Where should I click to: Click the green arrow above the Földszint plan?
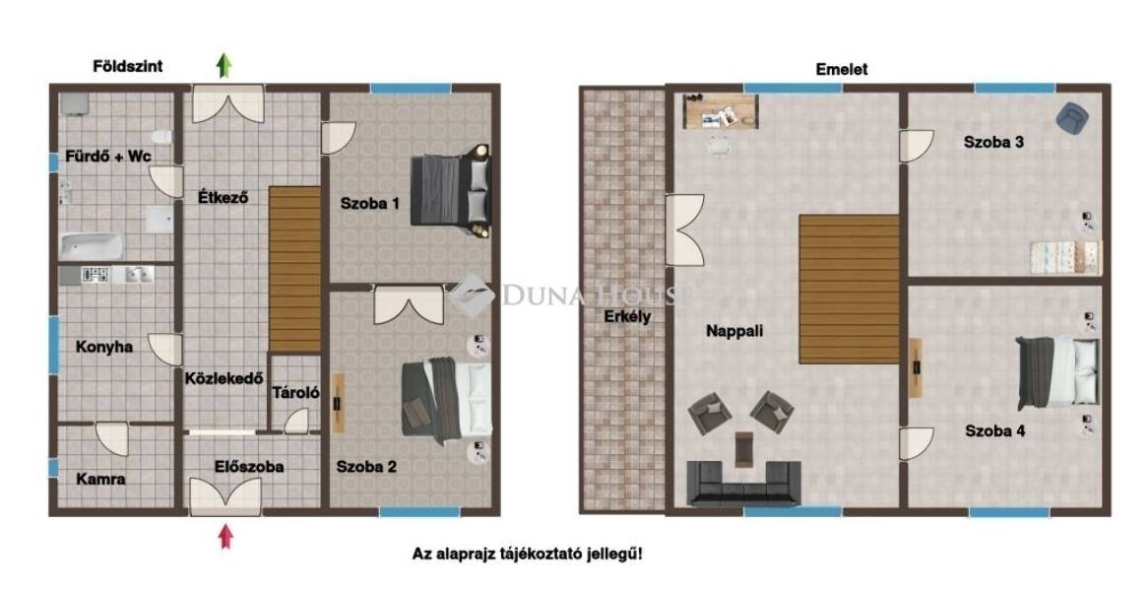point(224,66)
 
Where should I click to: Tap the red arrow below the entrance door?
point(226,537)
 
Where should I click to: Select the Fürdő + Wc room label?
point(108,156)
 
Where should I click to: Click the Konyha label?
point(104,347)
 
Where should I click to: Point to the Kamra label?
point(101,479)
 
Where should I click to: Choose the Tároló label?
point(295,393)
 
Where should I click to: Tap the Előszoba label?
point(249,467)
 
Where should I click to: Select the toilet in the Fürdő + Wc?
point(161,137)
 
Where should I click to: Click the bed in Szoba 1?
point(450,190)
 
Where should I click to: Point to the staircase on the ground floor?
point(295,269)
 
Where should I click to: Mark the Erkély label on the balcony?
point(627,317)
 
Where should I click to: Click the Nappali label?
point(734,331)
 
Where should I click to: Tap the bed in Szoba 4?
point(1058,372)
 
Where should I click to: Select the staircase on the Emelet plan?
point(850,289)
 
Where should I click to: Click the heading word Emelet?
point(842,69)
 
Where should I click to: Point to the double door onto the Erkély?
point(684,230)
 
